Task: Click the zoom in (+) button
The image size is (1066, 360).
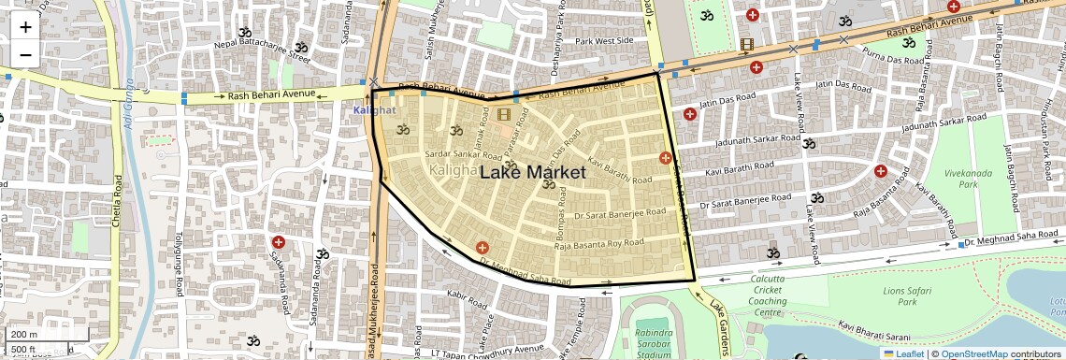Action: (25, 26)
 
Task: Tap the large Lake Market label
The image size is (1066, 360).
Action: (532, 172)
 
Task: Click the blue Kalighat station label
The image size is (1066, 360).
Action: (374, 110)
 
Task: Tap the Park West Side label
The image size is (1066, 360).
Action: (604, 41)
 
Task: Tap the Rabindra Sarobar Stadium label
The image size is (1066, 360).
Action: (646, 343)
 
